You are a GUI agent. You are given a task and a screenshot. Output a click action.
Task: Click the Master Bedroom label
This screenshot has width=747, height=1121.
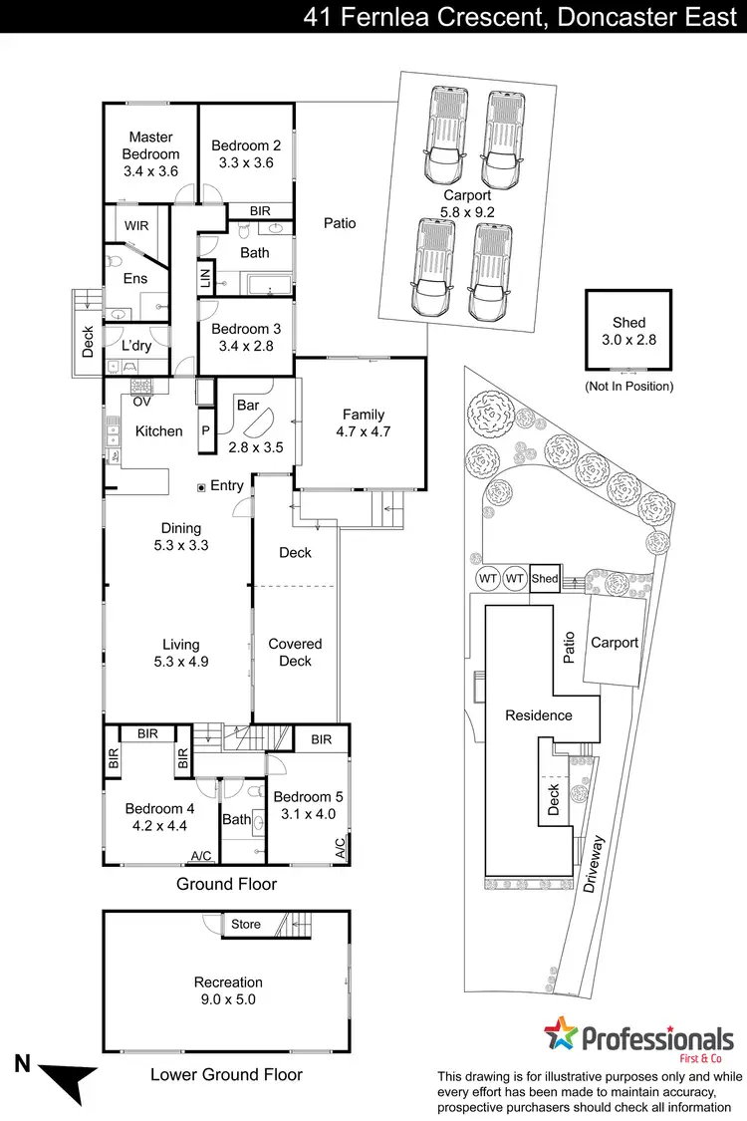coord(150,145)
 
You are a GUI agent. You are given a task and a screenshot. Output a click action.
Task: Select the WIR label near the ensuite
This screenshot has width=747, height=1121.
coord(135,226)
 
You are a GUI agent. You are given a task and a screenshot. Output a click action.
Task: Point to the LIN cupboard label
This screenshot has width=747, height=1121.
coord(206,277)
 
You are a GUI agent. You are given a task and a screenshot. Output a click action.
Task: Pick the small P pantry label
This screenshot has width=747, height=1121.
coord(206,431)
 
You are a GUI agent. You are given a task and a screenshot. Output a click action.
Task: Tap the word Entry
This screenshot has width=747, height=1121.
coord(227,485)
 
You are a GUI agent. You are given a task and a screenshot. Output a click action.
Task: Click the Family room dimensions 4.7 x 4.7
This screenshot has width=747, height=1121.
coord(363,432)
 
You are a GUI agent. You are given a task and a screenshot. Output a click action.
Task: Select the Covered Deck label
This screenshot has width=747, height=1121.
coord(295,653)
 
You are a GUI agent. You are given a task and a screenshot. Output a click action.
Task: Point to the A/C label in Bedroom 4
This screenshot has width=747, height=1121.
coord(200,856)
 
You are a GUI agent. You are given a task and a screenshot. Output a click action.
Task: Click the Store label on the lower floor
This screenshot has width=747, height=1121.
coord(246,924)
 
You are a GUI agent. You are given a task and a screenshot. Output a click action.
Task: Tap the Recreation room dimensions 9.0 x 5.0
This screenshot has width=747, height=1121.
coord(228,999)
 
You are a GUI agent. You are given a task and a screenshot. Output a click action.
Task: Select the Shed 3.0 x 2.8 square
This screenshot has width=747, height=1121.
coord(628,331)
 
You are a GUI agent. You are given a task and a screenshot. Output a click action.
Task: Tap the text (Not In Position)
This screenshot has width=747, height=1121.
coord(628,386)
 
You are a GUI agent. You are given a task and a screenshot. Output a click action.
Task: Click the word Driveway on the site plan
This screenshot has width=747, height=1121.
coord(596,863)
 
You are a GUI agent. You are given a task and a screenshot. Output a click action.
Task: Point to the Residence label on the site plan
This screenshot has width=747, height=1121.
coord(538,714)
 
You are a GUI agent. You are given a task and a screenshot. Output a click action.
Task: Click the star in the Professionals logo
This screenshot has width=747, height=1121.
coord(561,1037)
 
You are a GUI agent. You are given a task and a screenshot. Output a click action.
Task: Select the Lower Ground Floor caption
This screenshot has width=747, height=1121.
coord(226,1074)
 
